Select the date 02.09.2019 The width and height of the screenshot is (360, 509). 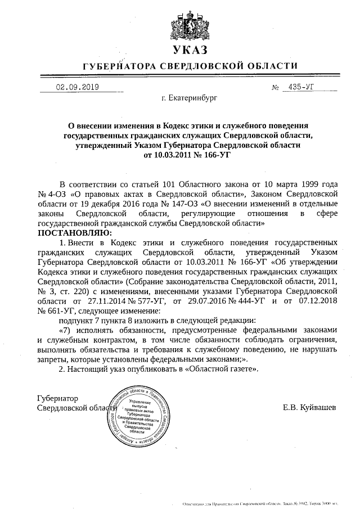(76, 87)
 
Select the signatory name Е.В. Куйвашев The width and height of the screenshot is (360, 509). (309, 406)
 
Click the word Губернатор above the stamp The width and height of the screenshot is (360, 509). (57, 397)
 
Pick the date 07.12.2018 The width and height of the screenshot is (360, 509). (312, 300)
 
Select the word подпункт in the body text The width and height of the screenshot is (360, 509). (78, 319)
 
